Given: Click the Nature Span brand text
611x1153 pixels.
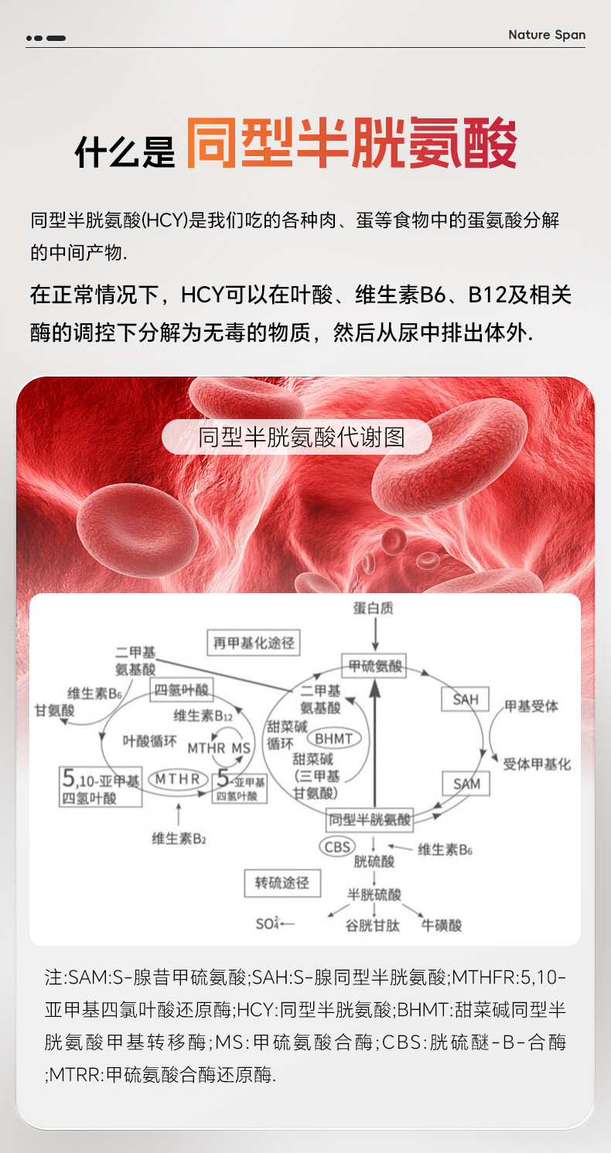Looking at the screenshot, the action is coord(547,35).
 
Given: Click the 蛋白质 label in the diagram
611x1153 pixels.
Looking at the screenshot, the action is coord(374,608).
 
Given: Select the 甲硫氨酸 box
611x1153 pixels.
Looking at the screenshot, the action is coord(374,665).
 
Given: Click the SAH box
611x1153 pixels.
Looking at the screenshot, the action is coord(466,699).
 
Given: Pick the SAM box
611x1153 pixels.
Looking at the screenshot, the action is coord(466,783).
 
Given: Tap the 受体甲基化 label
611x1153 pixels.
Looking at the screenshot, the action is coord(537,764).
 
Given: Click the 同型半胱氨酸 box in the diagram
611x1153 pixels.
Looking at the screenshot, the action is coord(370,819).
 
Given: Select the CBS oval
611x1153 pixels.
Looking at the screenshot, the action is coord(338,847).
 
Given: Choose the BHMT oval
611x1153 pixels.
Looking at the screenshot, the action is coord(333,739).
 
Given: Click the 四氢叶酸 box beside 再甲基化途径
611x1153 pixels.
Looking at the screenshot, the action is coord(182,690).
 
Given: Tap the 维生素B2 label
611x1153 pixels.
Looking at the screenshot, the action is coord(179,838).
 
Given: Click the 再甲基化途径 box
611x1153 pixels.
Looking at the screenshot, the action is coord(253,643).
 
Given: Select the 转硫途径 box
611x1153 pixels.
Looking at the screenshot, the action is coord(282,882).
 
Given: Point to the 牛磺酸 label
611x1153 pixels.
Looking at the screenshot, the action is coord(442,924).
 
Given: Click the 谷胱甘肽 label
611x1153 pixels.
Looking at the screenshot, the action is coord(373,924).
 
